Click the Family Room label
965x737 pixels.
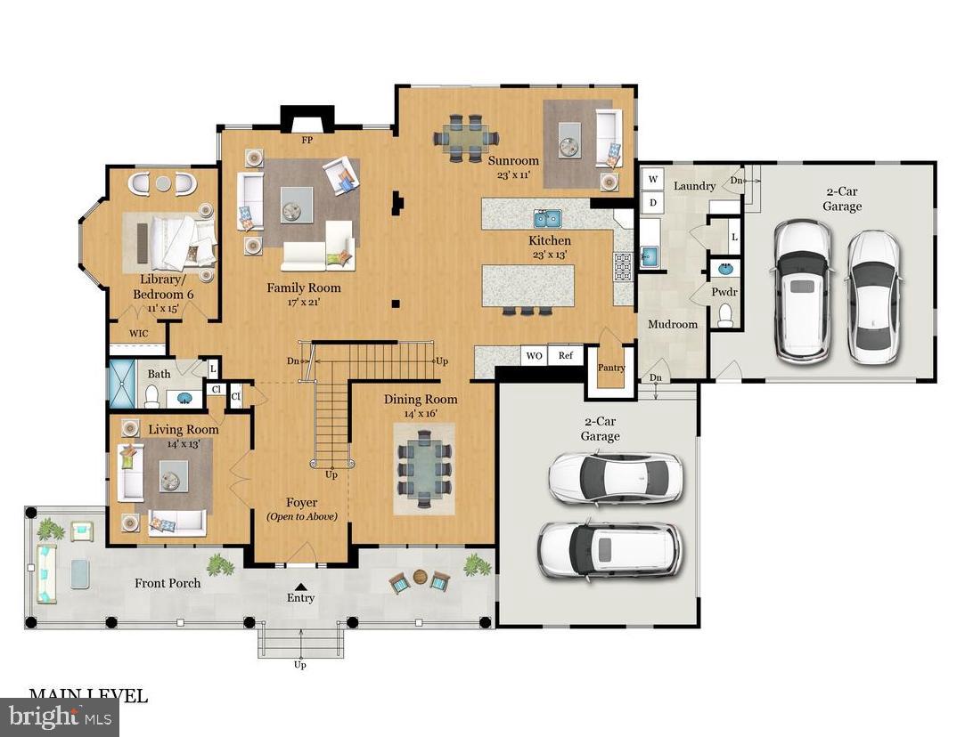(x=304, y=288)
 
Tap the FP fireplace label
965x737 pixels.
(x=307, y=140)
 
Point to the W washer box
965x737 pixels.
(x=652, y=180)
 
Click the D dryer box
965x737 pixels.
(x=652, y=202)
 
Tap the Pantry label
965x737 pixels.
(x=611, y=368)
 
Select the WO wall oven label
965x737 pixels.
(x=535, y=355)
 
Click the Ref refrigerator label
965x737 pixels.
(x=565, y=355)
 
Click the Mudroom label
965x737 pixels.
(x=672, y=324)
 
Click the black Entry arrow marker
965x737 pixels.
(x=301, y=586)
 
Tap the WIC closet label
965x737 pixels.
(x=139, y=334)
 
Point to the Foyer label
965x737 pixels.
(x=301, y=503)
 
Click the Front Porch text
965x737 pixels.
(x=168, y=583)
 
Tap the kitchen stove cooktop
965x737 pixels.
(x=622, y=265)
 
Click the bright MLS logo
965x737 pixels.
(x=59, y=717)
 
